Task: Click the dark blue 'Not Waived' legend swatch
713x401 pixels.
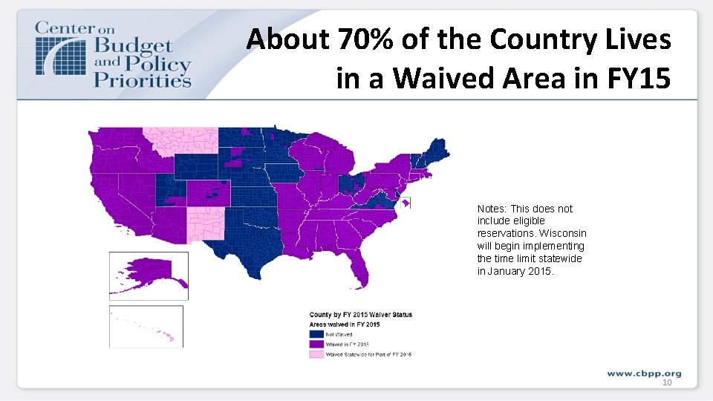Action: pyautogui.click(x=316, y=334)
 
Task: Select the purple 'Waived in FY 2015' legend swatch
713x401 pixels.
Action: pyautogui.click(x=316, y=344)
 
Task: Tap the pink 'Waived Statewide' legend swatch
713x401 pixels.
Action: pyautogui.click(x=316, y=353)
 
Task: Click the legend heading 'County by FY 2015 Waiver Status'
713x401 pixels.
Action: pyautogui.click(x=360, y=315)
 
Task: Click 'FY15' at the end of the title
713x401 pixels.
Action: pyautogui.click(x=642, y=76)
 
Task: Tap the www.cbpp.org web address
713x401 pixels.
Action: pyautogui.click(x=643, y=373)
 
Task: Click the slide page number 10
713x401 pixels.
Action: pyautogui.click(x=666, y=382)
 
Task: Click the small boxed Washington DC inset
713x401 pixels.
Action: pyautogui.click(x=406, y=203)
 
